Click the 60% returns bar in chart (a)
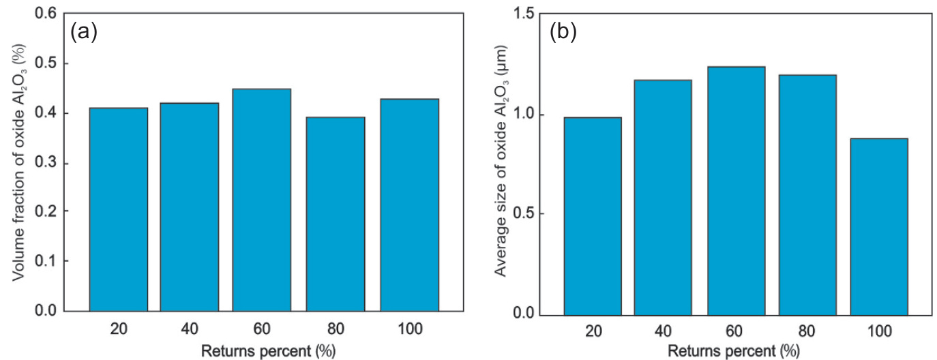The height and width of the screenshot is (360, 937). (x=261, y=200)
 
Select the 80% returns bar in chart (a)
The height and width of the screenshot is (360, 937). (x=336, y=214)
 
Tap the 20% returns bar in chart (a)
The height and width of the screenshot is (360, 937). (x=119, y=209)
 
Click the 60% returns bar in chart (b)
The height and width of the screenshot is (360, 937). (x=736, y=191)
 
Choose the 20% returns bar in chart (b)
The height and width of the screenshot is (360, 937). (x=593, y=216)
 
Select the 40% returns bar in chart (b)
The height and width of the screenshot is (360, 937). (x=663, y=198)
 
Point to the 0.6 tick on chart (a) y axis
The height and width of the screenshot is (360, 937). (x=47, y=14)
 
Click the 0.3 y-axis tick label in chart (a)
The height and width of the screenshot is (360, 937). (x=47, y=163)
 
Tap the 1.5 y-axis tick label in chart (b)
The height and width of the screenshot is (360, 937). (x=524, y=14)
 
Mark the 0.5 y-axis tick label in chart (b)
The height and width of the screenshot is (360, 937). (x=524, y=214)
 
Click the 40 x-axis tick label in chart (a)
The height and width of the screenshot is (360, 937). (x=190, y=329)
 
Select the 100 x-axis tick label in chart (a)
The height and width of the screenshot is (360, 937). (x=409, y=329)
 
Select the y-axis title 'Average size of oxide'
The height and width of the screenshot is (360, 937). (x=499, y=164)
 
